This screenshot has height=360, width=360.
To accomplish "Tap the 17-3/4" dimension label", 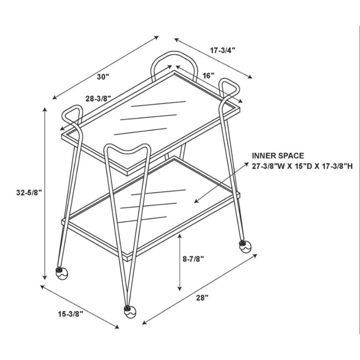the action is click(x=223, y=50).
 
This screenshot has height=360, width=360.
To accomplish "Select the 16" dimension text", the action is click(x=208, y=76).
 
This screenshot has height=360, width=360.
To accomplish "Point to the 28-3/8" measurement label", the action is click(x=99, y=99).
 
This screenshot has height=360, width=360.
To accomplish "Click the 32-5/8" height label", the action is click(x=29, y=193).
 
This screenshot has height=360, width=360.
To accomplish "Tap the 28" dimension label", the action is click(x=202, y=298).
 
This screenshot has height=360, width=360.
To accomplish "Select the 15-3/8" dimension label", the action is click(x=70, y=314).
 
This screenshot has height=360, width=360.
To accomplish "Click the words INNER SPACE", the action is click(x=278, y=156).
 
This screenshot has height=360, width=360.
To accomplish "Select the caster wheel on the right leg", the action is click(x=245, y=247).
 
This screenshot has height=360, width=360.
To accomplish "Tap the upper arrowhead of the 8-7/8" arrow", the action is click(x=180, y=236).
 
